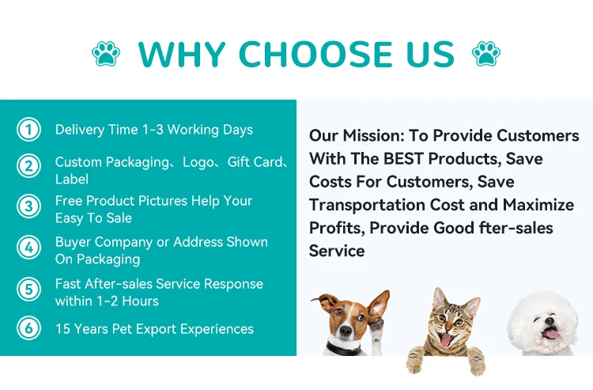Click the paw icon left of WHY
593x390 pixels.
point(106,53)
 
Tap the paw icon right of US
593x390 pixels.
point(486,53)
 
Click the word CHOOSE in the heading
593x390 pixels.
point(315,54)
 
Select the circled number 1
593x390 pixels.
point(28,130)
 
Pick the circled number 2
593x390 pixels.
point(28,165)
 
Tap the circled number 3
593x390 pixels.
point(28,206)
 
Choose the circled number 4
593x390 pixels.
point(28,248)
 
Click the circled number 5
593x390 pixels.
point(28,290)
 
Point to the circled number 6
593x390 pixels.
point(28,328)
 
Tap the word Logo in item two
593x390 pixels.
point(198,162)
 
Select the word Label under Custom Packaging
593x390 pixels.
point(72,179)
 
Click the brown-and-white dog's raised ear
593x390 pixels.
point(379,305)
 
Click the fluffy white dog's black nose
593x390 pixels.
point(550,321)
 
